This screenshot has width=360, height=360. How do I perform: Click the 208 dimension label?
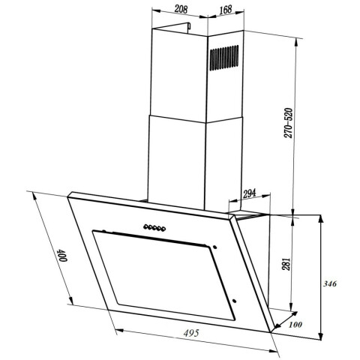pyautogui.click(x=181, y=9)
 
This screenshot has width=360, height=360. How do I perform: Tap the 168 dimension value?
pyautogui.click(x=226, y=10)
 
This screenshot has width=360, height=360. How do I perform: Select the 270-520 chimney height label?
pyautogui.click(x=288, y=123)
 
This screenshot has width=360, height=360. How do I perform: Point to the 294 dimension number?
pyautogui.click(x=249, y=193)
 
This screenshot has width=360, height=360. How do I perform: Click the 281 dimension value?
pyautogui.click(x=286, y=264)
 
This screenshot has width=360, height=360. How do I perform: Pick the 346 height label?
pyautogui.click(x=330, y=283)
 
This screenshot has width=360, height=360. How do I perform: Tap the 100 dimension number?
pyautogui.click(x=295, y=325)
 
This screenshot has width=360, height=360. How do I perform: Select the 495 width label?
pyautogui.click(x=191, y=333)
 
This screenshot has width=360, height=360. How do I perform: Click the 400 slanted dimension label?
pyautogui.click(x=61, y=255)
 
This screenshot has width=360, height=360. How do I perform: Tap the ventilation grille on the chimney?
pyautogui.click(x=224, y=58)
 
